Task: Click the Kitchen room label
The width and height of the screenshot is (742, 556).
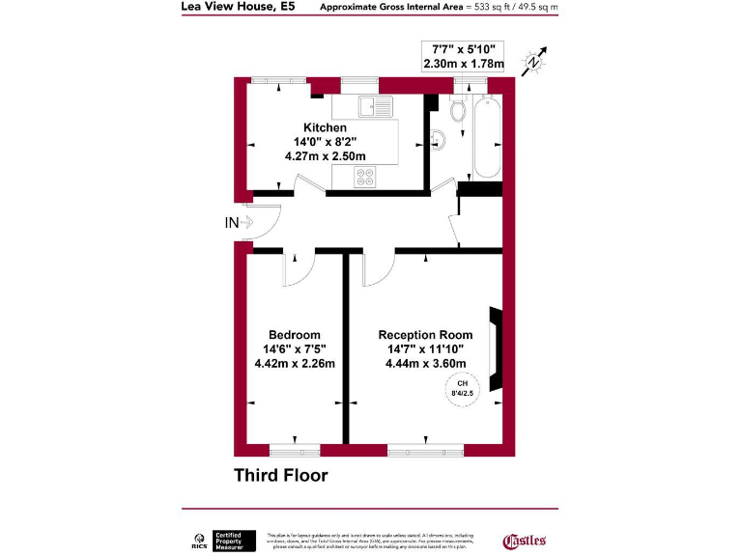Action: (x=325, y=127)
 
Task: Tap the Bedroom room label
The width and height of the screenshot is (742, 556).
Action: (x=295, y=335)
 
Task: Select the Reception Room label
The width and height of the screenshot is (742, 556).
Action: (x=425, y=335)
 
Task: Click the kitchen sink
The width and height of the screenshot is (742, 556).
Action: (x=369, y=105)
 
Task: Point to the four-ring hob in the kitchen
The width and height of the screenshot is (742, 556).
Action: (x=367, y=177)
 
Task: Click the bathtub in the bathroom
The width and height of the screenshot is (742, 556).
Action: (x=484, y=137)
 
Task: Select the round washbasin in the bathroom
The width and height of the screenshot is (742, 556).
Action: (x=437, y=137)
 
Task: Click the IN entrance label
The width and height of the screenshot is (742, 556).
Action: (x=232, y=223)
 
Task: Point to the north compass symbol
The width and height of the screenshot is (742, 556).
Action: (x=534, y=61)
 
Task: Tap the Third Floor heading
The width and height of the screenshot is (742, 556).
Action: (x=281, y=475)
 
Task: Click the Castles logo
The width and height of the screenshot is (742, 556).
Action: (x=526, y=541)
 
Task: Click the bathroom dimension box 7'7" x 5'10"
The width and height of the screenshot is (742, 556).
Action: (x=463, y=56)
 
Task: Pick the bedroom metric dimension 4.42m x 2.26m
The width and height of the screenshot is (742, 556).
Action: (x=295, y=364)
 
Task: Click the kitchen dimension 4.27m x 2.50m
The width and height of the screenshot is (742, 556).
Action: (x=325, y=155)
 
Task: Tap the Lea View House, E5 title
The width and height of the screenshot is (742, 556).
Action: (x=238, y=7)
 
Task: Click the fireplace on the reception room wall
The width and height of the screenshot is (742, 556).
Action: (x=497, y=348)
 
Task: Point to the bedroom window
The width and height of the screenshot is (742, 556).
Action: (x=295, y=449)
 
